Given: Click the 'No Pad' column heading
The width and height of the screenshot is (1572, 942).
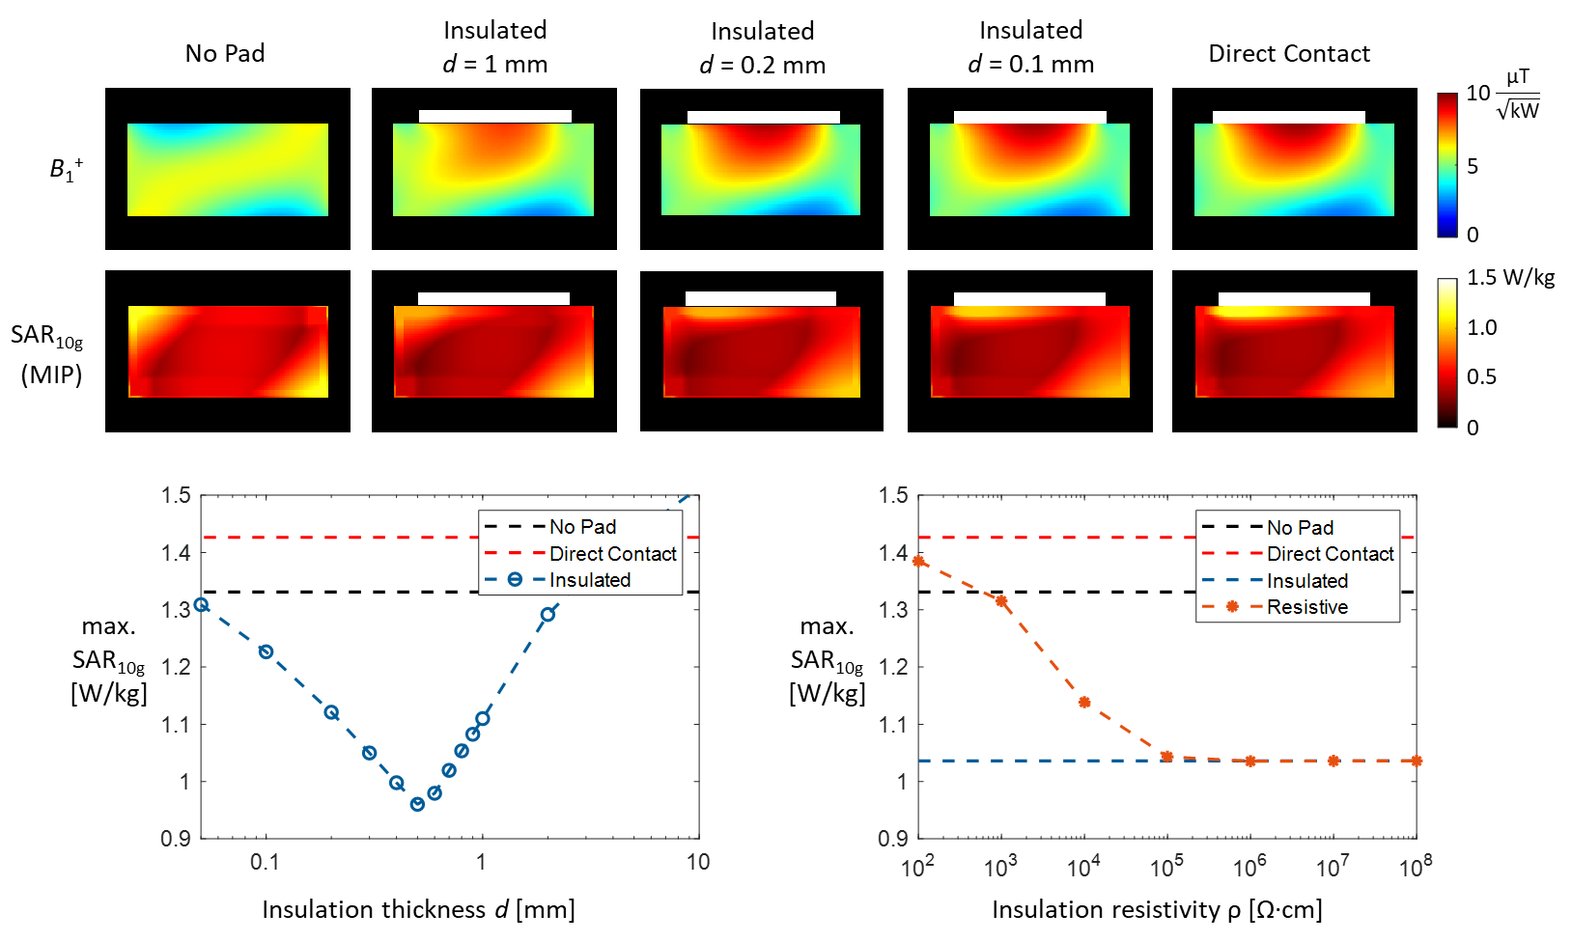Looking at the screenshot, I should (x=225, y=53).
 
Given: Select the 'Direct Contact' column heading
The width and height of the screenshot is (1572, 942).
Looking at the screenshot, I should (x=1289, y=53).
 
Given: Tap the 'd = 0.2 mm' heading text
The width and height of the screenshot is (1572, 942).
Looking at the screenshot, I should (x=763, y=65).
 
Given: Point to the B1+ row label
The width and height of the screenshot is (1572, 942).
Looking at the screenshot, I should (x=66, y=170).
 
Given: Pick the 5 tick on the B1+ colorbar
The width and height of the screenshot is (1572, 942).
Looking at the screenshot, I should (x=1473, y=166).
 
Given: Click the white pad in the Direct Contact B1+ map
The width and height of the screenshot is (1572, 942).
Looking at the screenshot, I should (x=1288, y=117).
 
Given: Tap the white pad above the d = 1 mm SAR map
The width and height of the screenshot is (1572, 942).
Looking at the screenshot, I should (x=493, y=298).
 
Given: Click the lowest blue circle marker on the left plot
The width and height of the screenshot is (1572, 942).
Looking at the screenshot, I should (x=417, y=804).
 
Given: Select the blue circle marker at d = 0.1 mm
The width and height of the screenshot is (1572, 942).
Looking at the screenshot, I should (x=267, y=651).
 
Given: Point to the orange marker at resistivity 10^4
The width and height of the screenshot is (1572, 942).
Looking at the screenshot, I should (x=1084, y=702).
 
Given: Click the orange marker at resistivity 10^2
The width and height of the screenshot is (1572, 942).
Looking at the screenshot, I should (x=918, y=561).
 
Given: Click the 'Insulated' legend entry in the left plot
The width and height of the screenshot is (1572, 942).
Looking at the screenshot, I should (x=589, y=580).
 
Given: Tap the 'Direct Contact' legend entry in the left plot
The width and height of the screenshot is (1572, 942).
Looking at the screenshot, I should (x=612, y=554).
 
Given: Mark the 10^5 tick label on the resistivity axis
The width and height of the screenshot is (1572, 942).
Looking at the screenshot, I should (x=1166, y=867).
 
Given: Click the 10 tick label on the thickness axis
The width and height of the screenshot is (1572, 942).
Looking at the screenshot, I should (x=698, y=862).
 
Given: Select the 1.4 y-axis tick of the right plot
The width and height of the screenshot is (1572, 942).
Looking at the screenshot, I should (x=893, y=553).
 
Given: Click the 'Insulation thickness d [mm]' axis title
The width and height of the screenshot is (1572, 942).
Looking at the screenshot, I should (x=418, y=909).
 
